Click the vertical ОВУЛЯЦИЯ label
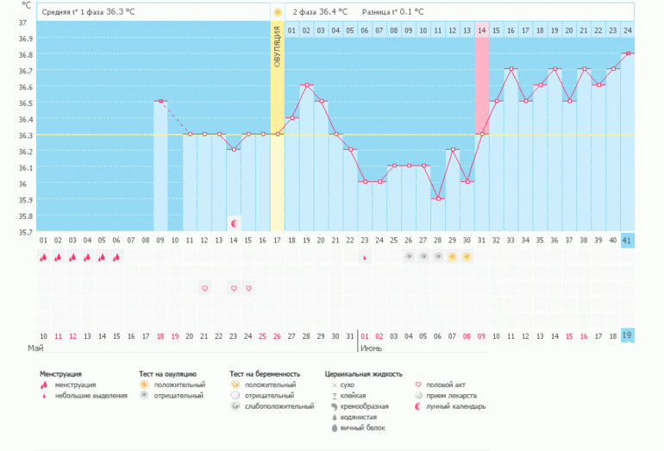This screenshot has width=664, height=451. tap(277, 47)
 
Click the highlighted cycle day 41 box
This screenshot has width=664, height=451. tap(627, 241)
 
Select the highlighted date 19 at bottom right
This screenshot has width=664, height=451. tap(627, 335)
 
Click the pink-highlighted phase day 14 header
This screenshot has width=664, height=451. tap(481, 31)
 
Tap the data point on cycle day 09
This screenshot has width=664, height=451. tap(160, 102)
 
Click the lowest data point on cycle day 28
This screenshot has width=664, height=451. tap(437, 198)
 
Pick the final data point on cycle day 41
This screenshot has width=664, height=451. tap(627, 53)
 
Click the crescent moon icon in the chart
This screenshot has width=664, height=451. tap(234, 223)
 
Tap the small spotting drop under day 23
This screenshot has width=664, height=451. tap(364, 257)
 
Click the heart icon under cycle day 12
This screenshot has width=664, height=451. tap(204, 288)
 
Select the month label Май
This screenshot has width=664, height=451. tap(35, 348)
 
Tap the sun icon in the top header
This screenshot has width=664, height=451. tap(277, 12)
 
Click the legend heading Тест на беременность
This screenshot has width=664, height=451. tap(265, 374)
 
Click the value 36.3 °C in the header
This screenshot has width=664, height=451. tap(121, 12)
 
